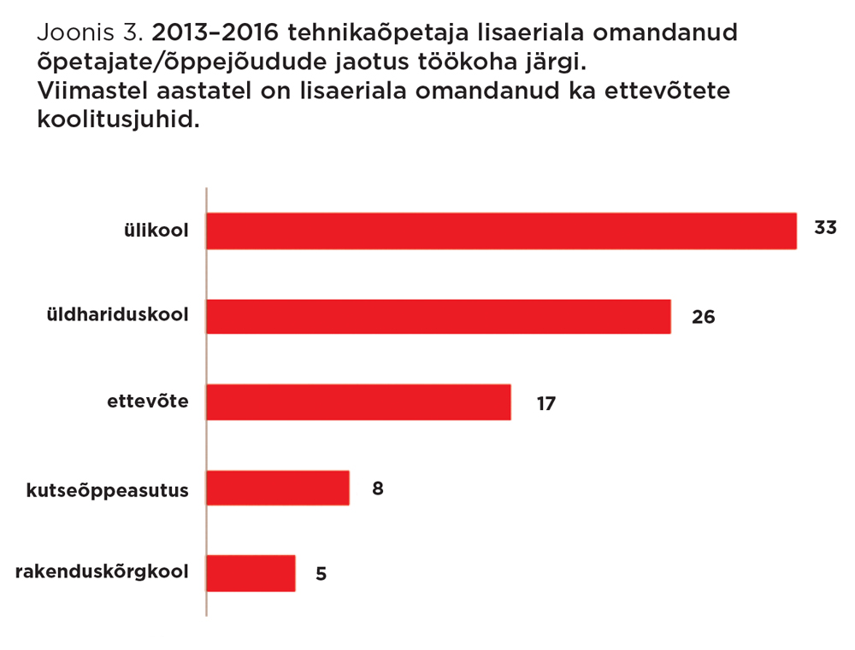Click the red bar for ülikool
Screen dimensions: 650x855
(x=501, y=231)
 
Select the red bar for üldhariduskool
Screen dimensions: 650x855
(x=438, y=316)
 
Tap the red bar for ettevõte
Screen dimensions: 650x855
(x=358, y=402)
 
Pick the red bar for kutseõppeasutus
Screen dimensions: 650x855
(x=278, y=488)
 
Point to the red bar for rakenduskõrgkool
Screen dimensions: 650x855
(x=251, y=573)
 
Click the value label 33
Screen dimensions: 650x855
(x=824, y=228)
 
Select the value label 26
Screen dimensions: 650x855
(x=703, y=317)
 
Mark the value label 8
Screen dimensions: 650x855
(x=377, y=489)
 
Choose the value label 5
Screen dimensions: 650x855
(x=321, y=574)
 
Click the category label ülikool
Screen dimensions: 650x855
(x=154, y=230)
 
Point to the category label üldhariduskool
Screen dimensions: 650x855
(x=117, y=315)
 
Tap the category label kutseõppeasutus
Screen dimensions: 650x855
(x=107, y=489)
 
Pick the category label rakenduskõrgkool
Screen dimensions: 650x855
(x=102, y=573)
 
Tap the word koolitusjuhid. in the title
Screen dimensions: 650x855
(x=118, y=120)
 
